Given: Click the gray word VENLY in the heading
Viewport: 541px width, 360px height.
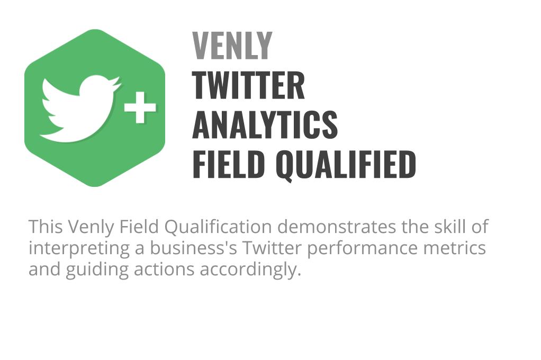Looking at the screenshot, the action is pos(232,46).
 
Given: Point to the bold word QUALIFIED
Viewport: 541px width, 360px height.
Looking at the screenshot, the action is pos(346,165).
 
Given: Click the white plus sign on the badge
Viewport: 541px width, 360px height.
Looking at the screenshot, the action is pos(140,107).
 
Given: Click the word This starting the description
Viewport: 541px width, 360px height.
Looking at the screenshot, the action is pos(46,227).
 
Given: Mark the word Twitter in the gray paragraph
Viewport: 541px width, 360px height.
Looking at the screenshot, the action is pos(272,248).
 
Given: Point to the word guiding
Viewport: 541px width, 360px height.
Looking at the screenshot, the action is pos(97,270).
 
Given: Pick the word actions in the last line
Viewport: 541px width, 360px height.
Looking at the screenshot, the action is pos(164,269).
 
